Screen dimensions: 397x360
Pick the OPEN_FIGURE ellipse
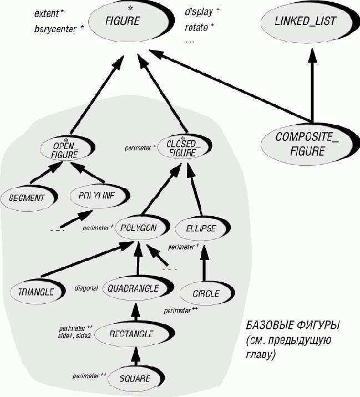[x=65, y=150]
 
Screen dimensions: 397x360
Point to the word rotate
[x=199, y=26]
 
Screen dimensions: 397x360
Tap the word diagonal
[x=86, y=288]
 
